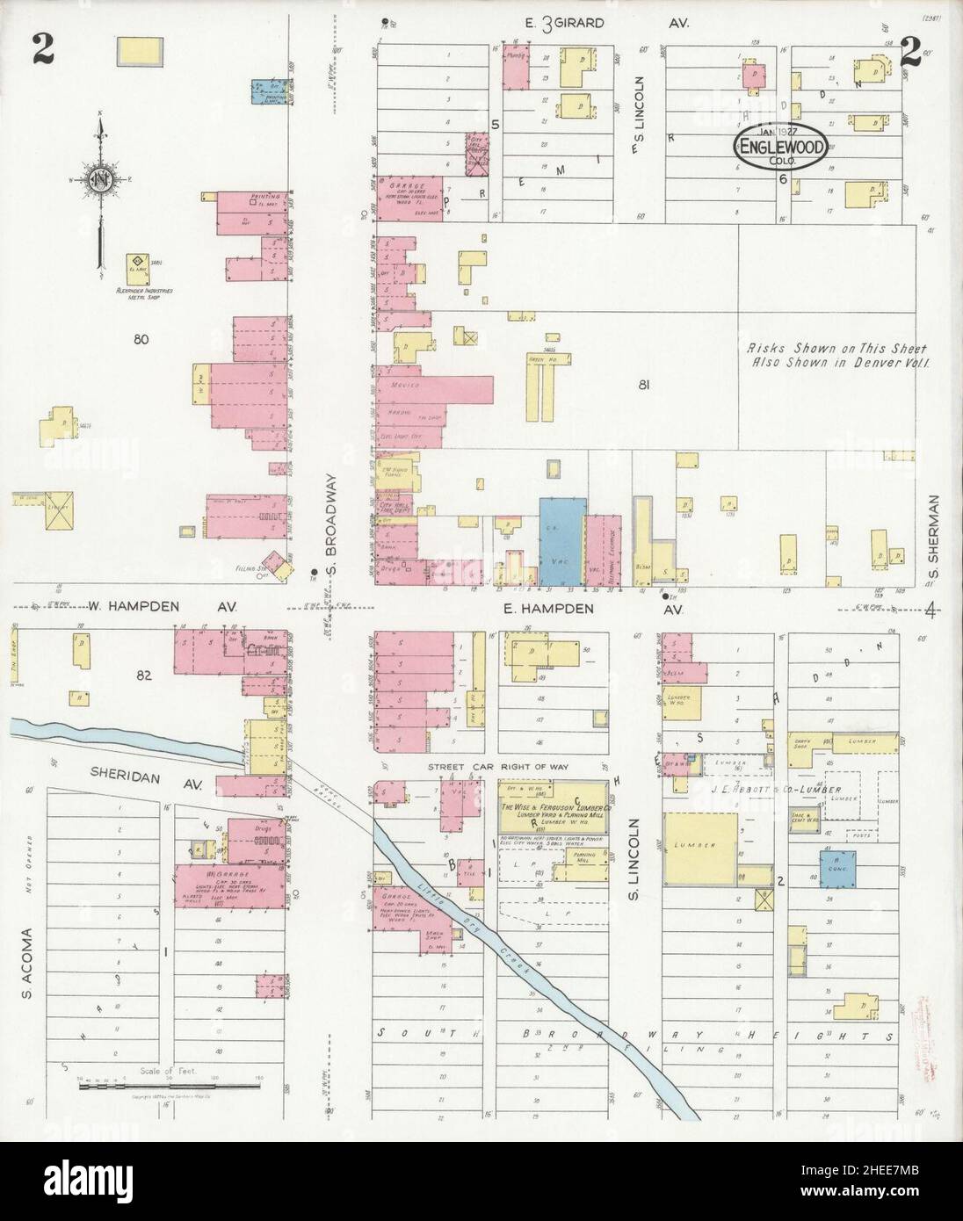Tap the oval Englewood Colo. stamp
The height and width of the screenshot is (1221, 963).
(x=780, y=148)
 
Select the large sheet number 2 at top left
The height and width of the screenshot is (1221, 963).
(x=43, y=48)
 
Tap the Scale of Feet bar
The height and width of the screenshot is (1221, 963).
(x=172, y=1086)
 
